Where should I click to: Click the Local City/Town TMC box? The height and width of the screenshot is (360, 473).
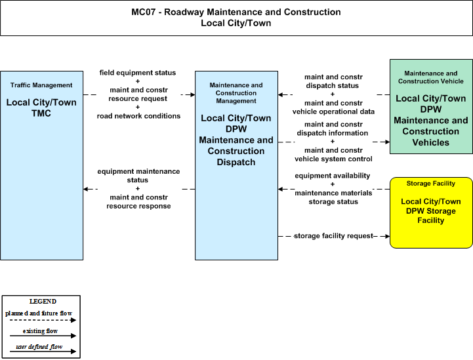(x=41, y=165)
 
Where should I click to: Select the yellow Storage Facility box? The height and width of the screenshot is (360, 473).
(x=431, y=213)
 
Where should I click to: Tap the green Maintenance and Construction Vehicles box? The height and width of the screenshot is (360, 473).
(x=431, y=106)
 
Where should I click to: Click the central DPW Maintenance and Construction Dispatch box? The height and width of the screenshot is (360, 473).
(x=236, y=165)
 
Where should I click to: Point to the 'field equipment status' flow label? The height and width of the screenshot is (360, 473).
(x=138, y=73)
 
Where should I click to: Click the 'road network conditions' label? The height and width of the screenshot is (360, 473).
(x=138, y=116)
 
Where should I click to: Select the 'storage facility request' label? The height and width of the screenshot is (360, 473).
(x=333, y=236)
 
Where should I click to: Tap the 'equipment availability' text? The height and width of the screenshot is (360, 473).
(x=333, y=176)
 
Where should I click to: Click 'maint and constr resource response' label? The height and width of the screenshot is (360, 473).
(x=138, y=202)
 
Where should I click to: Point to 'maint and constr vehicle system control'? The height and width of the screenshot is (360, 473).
(x=333, y=155)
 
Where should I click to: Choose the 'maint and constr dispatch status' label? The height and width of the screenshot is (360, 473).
(x=333, y=81)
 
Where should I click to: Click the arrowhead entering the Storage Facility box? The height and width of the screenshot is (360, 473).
(x=387, y=236)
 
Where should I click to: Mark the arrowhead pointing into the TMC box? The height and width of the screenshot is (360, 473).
(x=86, y=189)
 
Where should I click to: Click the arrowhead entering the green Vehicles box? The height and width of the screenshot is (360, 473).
(x=387, y=142)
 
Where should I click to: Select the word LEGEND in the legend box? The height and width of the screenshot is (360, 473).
(x=43, y=302)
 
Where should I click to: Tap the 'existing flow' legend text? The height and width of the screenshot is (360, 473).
(x=40, y=331)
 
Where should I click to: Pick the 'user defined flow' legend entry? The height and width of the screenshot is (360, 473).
(x=39, y=347)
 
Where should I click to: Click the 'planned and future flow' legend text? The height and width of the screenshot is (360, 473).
(x=39, y=313)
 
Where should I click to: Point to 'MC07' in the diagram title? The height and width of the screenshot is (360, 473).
(x=143, y=12)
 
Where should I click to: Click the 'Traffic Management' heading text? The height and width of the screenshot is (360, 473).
(x=41, y=85)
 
